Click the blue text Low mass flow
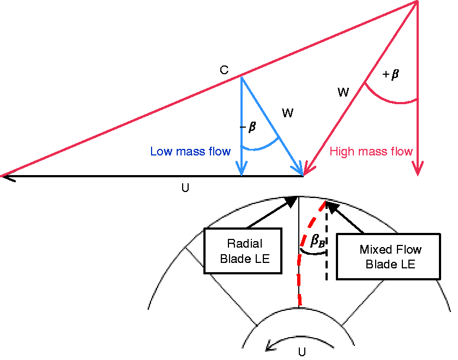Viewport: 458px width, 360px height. click(x=190, y=152)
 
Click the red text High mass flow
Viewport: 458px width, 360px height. click(x=371, y=152)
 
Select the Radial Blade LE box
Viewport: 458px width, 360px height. click(x=243, y=251)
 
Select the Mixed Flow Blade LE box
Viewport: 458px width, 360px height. click(x=388, y=256)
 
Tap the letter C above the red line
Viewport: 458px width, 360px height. click(x=224, y=70)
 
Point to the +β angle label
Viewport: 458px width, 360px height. click(x=390, y=74)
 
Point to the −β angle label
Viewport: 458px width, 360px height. click(x=248, y=127)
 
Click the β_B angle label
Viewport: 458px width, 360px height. click(x=317, y=241)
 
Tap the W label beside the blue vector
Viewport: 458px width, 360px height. click(x=287, y=113)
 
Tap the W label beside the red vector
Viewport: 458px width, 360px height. click(x=343, y=92)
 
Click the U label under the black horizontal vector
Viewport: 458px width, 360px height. click(x=185, y=188)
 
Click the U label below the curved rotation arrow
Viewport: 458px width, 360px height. click(x=302, y=352)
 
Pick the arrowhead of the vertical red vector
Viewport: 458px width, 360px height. click(x=418, y=169)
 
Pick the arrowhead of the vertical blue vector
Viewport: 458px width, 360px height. click(x=242, y=169)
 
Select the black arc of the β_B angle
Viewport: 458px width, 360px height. click(x=313, y=253)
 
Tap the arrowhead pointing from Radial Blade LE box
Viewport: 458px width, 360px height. click(x=292, y=202)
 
